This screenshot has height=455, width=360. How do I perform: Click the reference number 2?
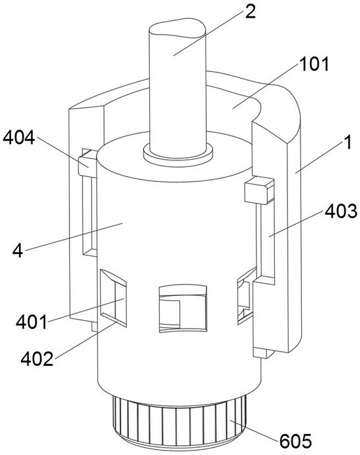tap(250, 12)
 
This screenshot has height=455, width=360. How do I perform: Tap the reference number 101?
tap(314, 64)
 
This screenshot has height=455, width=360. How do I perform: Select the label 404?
tap(19, 137)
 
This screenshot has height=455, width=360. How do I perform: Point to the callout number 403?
tap(341, 211)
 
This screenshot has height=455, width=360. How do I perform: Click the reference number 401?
tap(31, 322)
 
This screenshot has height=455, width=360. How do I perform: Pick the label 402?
tap(37, 359)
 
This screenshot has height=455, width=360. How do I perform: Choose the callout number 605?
tap(296, 441)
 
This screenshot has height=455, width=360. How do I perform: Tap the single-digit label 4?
tap(18, 251)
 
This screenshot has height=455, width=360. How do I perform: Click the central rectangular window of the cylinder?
tap(183, 308)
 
